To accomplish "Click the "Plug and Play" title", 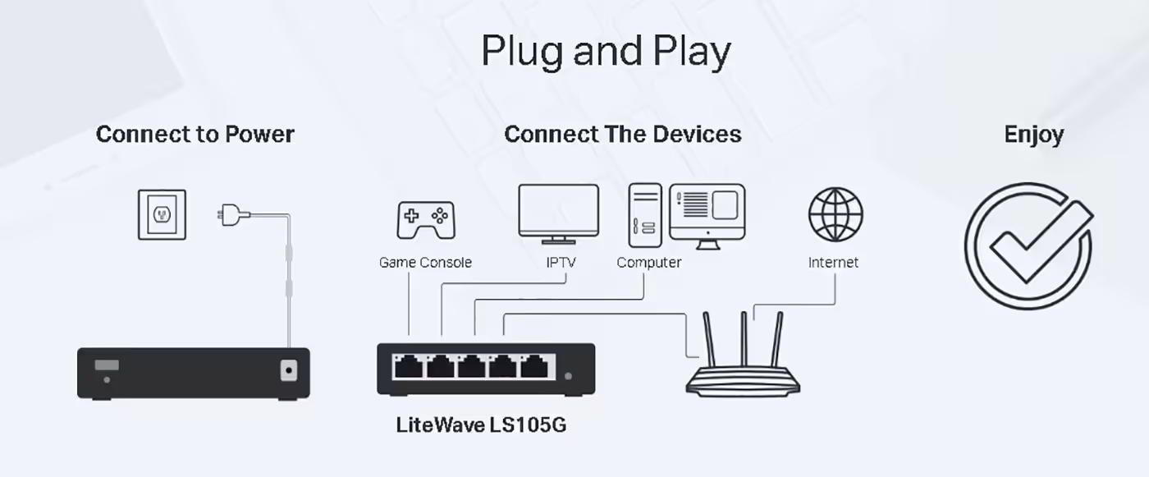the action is (x=606, y=51).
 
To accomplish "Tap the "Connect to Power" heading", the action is (x=195, y=135).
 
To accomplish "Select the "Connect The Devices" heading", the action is (x=623, y=135).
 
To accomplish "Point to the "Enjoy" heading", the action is (x=1033, y=135).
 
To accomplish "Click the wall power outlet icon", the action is (x=163, y=214).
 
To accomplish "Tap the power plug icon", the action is (x=234, y=214).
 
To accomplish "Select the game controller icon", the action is (x=426, y=220).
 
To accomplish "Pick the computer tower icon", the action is (x=645, y=215).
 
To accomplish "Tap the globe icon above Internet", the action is (x=835, y=214).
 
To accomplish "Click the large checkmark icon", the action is (x=1028, y=246).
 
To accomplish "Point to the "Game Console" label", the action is (x=425, y=263).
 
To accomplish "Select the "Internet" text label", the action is (x=833, y=263).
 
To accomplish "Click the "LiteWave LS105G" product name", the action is (x=481, y=424).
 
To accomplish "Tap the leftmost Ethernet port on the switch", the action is (x=409, y=367).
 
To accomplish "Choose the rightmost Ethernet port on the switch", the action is (x=534, y=367).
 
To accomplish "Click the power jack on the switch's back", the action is (x=289, y=370).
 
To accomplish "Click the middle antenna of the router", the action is (x=744, y=338).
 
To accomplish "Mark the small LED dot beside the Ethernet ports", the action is (x=568, y=376).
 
